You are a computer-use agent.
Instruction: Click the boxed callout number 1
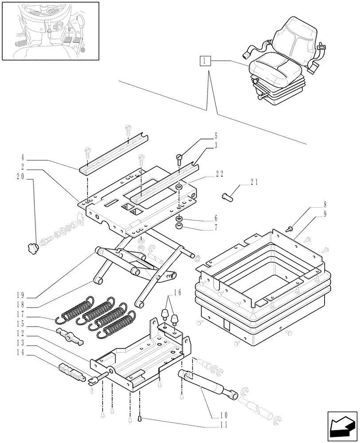point(204,60)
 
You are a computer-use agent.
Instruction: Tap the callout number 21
point(254,182)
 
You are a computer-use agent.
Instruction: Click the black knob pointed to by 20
point(32,249)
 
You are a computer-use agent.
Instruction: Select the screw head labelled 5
point(179,157)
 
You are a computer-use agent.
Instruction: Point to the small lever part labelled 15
point(70,335)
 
